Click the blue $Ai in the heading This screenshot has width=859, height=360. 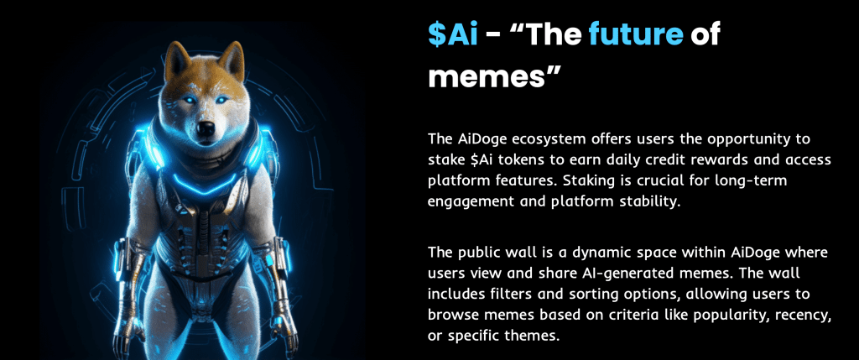[452, 35]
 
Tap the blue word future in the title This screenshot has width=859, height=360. [636, 35]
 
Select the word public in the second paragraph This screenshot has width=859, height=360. [484, 253]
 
